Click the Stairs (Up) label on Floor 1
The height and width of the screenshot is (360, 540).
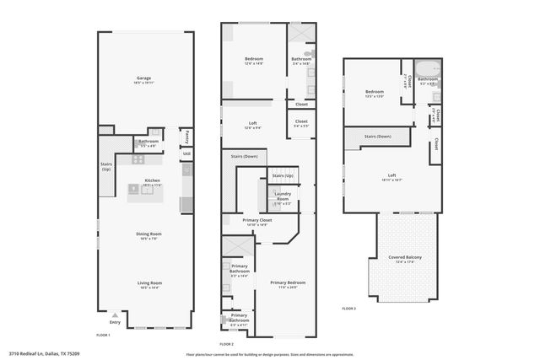(x=106, y=167)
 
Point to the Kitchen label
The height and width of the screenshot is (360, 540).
(x=152, y=180)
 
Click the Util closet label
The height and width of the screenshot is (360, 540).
(x=186, y=153)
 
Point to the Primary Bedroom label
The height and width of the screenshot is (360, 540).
(x=288, y=282)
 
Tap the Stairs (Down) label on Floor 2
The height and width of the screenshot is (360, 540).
(x=244, y=156)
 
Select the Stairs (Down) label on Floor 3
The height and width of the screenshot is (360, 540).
(x=377, y=137)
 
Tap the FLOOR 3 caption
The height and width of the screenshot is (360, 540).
(x=348, y=309)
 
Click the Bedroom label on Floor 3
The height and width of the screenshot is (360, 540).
(x=374, y=91)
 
